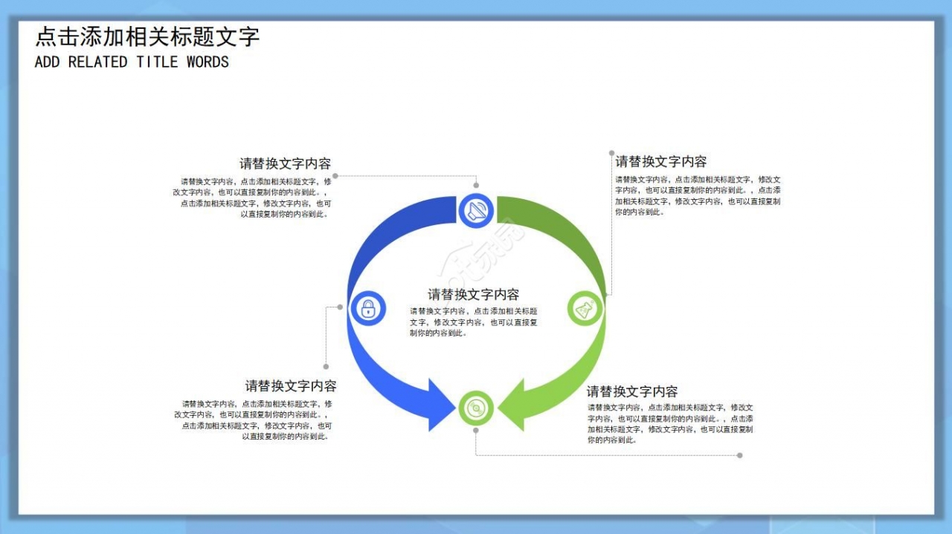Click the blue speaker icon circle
point(476,211)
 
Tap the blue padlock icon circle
point(367,307)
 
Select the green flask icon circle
point(585,307)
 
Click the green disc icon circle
point(476,408)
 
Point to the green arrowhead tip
point(499,406)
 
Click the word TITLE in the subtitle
point(157,62)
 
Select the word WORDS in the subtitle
point(208,62)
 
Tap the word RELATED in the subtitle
point(97,62)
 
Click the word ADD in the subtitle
point(47,62)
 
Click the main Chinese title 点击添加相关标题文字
point(147,36)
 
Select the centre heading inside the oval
point(473,294)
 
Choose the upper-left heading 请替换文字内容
point(285,163)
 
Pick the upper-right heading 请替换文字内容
point(660,161)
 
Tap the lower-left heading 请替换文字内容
point(291,385)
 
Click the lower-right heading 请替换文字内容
point(632,391)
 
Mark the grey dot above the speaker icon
point(476,185)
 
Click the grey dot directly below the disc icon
point(476,430)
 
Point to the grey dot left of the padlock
point(340,306)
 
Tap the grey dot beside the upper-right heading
point(611,152)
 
